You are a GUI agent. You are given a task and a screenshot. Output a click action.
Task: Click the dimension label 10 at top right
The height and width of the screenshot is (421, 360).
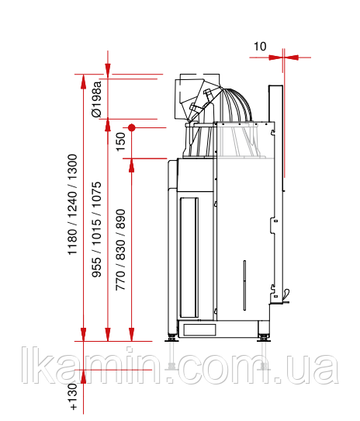click(x=260, y=46)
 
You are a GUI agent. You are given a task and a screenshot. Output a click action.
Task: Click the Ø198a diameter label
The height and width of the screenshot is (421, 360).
click(x=96, y=99)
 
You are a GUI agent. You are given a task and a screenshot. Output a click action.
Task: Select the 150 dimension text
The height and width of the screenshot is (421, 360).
click(x=121, y=142)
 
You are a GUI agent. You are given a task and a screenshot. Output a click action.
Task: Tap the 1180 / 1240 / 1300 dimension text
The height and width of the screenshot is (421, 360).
click(x=72, y=204)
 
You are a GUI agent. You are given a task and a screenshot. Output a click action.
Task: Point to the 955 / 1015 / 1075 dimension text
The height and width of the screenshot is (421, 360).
click(x=97, y=230)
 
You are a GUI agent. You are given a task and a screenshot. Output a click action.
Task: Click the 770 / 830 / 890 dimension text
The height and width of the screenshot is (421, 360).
click(x=121, y=249)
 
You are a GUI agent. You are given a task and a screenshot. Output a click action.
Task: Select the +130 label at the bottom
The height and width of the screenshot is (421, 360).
click(x=73, y=397)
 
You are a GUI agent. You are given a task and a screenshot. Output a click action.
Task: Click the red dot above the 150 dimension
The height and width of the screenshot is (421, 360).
click(x=131, y=127)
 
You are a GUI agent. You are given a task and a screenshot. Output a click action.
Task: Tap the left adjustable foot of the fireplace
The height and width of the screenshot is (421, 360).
click(x=171, y=338)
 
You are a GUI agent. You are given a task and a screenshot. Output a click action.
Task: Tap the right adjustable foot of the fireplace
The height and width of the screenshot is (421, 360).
click(x=264, y=338)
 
